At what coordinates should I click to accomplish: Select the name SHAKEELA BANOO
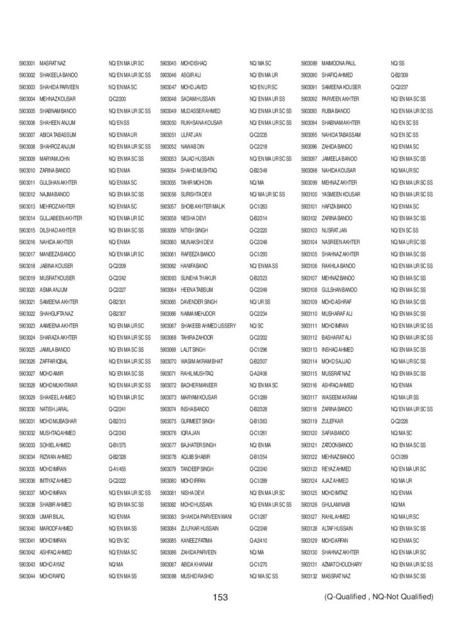(59, 75)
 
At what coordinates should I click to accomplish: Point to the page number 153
(220, 597)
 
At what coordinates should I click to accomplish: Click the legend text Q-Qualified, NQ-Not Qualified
(375, 596)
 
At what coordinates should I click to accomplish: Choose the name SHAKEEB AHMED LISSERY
(208, 325)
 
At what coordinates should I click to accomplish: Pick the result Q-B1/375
(118, 445)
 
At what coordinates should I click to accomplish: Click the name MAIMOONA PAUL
(339, 64)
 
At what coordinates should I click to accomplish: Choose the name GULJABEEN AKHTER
(61, 218)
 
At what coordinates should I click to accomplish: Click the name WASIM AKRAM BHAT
(202, 361)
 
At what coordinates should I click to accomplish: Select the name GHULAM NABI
(336, 504)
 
